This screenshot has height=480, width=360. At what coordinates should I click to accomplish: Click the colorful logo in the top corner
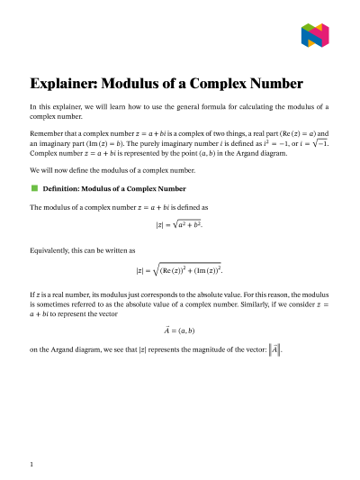(314, 35)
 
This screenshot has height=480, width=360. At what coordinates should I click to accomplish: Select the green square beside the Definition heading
(34, 188)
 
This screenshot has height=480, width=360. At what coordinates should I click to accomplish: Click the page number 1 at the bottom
(31, 464)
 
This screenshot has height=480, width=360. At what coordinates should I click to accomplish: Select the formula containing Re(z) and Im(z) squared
(180, 269)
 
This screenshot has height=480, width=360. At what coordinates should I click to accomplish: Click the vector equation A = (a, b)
(180, 330)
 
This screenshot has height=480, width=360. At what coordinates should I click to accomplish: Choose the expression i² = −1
(264, 142)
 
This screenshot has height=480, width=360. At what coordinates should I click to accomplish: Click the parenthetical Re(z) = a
(293, 131)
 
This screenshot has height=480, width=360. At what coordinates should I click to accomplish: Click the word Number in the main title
(282, 85)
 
